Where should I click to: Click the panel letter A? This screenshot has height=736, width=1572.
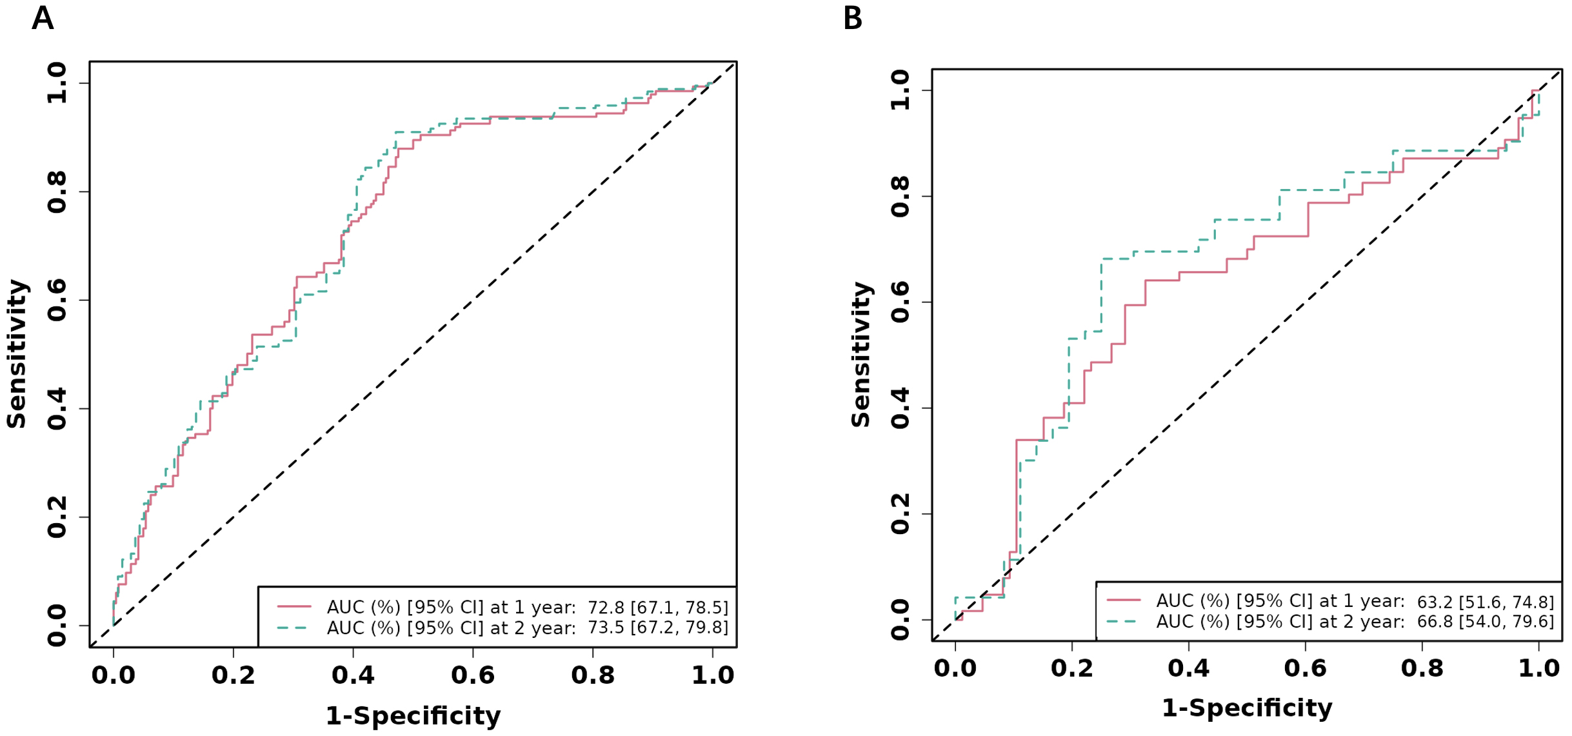[x=43, y=18]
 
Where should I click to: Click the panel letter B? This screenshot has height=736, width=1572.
[x=852, y=18]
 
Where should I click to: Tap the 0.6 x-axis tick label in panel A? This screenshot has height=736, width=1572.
[x=472, y=675]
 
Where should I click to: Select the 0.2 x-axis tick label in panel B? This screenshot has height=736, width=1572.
[x=1071, y=668]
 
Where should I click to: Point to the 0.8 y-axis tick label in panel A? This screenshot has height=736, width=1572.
[x=57, y=192]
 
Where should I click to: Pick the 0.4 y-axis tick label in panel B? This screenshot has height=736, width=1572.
[x=899, y=408]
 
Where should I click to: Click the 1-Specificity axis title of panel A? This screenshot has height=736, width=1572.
[x=413, y=716]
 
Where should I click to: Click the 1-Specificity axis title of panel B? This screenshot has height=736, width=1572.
[x=1246, y=708]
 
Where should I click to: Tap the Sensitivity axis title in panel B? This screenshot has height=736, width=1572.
[x=861, y=354]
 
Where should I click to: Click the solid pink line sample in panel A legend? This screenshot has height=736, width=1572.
[x=294, y=606]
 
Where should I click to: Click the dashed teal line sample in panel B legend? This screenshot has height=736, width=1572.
[x=1123, y=621]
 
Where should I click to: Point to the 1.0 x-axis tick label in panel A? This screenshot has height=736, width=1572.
[x=712, y=675]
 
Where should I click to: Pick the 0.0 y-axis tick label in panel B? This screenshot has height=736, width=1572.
[x=899, y=620]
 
